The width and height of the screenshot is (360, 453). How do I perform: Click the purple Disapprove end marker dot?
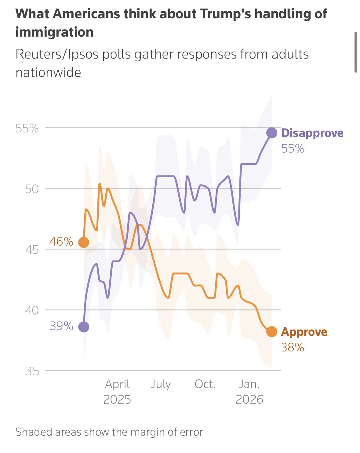click(x=271, y=133)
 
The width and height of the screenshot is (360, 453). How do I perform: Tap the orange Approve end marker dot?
click(x=271, y=332)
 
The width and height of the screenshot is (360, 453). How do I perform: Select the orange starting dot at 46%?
click(x=84, y=242)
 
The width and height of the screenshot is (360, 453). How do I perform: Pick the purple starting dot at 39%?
click(x=84, y=327)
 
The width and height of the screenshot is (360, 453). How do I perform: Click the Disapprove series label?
click(x=312, y=133)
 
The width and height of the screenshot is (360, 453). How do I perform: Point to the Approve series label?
click(x=304, y=332)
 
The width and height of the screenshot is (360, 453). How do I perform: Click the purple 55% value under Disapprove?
click(x=293, y=149)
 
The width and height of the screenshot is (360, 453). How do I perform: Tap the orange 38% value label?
click(x=293, y=347)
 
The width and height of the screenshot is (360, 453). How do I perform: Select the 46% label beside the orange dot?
click(x=61, y=242)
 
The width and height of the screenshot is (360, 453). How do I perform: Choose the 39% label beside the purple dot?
click(x=61, y=326)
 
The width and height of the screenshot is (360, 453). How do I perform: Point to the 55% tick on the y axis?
click(x=27, y=128)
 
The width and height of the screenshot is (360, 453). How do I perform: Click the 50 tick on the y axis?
click(x=32, y=189)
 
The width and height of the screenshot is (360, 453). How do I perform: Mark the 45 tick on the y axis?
click(x=32, y=250)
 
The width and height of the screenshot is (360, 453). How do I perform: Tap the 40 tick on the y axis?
click(x=32, y=311)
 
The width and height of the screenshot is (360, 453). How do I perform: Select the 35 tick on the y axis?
click(x=32, y=372)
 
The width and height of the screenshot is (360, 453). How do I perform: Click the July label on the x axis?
click(x=161, y=384)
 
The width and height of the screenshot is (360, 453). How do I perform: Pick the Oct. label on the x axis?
click(x=205, y=384)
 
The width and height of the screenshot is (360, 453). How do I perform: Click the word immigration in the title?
click(x=54, y=32)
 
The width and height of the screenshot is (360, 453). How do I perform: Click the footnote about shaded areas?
click(x=109, y=432)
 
